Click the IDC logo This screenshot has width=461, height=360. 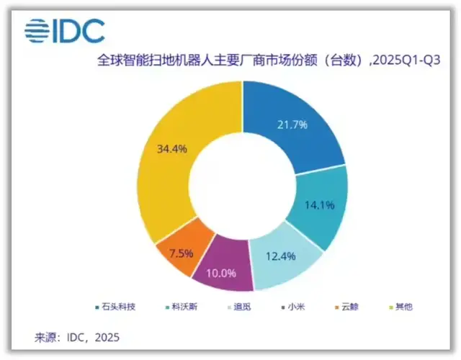coord(65,30)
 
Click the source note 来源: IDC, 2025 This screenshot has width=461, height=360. coord(77,337)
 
